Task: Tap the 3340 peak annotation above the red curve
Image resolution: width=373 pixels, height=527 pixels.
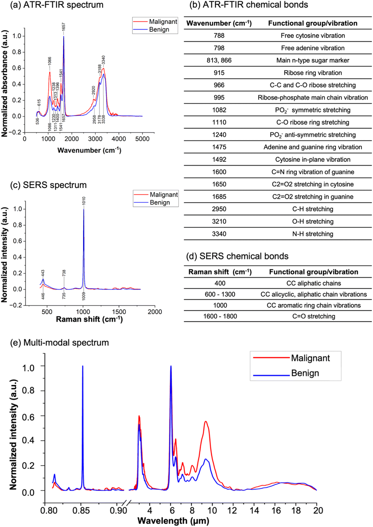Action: click(103, 60)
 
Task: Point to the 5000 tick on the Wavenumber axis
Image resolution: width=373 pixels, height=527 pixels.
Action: click(142, 139)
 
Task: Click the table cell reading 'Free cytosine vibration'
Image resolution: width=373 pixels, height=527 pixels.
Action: click(312, 36)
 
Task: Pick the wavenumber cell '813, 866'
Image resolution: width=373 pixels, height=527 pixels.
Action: click(219, 61)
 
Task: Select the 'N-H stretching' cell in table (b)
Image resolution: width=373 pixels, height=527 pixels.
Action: click(312, 234)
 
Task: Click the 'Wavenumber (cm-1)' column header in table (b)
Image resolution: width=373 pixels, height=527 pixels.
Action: click(219, 23)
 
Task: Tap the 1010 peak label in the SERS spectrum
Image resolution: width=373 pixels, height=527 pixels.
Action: click(84, 201)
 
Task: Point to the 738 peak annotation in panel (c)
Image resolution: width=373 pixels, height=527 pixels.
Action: click(64, 273)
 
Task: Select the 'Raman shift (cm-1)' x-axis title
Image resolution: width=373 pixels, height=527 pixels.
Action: click(89, 319)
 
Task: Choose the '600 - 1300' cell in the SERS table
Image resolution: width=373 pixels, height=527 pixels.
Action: click(220, 294)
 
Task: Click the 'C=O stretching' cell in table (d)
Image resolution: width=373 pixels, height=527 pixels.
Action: click(313, 316)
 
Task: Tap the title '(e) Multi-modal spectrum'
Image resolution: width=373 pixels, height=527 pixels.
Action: click(59, 343)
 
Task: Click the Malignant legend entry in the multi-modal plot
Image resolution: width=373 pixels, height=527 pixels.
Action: click(310, 358)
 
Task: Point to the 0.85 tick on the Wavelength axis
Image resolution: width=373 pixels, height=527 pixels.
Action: click(81, 510)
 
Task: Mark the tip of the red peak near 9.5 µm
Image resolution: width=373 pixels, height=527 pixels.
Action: click(206, 421)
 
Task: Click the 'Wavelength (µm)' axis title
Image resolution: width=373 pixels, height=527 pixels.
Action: click(173, 521)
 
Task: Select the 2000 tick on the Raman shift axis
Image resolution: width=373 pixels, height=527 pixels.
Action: click(155, 312)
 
